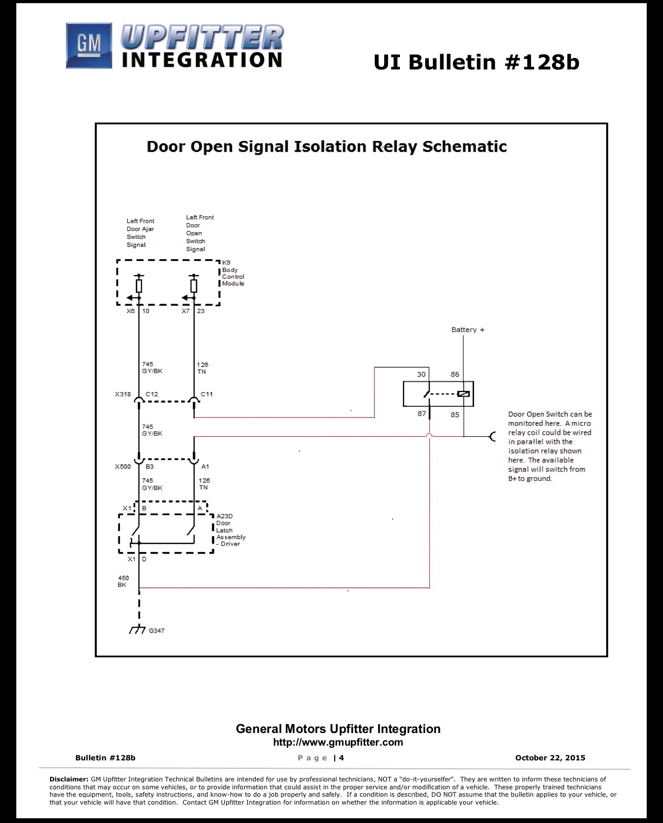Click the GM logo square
[x=89, y=45]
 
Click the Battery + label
[x=467, y=329]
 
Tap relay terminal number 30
[x=421, y=375]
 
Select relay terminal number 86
[x=455, y=375]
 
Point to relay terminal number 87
[x=421, y=414]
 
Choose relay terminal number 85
[x=455, y=415]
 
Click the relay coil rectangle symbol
[x=464, y=394]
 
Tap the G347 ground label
[x=156, y=630]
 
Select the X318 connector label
[x=123, y=394]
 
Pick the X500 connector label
[x=123, y=467]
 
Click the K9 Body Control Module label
[x=233, y=273]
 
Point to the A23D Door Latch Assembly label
[x=230, y=530]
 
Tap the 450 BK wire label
[x=123, y=581]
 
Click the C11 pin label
[x=207, y=394]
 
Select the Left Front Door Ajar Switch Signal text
[x=140, y=233]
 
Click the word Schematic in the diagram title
[x=465, y=147]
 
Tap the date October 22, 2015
[x=550, y=758]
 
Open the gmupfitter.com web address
[x=338, y=742]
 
